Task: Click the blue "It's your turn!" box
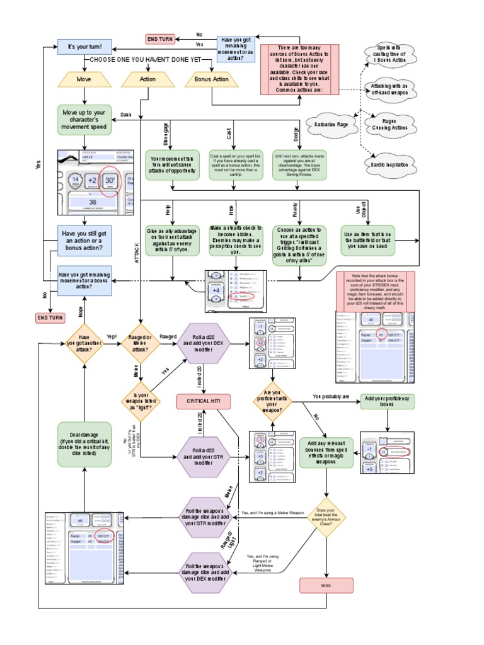[x=84, y=47]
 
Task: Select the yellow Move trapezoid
[x=84, y=79]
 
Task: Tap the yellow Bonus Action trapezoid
[x=212, y=79]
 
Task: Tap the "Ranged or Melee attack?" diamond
[x=140, y=344]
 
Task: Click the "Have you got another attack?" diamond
[x=84, y=344]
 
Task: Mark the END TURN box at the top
[x=160, y=39]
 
